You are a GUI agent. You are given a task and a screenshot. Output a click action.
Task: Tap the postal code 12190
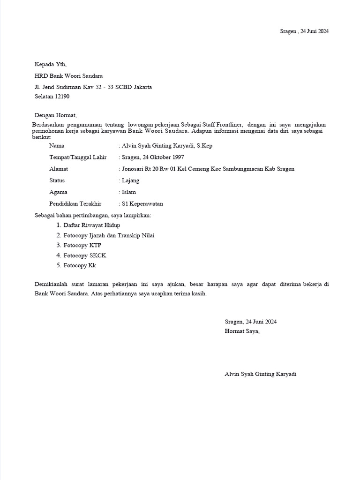(62, 97)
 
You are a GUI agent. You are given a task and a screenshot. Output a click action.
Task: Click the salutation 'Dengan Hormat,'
(55, 115)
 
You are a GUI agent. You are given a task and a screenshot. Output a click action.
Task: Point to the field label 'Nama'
(57, 146)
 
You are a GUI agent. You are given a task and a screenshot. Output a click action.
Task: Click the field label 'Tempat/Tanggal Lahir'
(78, 157)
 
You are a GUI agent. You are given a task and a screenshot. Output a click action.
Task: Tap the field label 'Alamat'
(59, 169)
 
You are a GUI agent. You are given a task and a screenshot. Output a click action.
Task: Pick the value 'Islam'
(129, 192)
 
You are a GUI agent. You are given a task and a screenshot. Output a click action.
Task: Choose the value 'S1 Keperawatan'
(142, 204)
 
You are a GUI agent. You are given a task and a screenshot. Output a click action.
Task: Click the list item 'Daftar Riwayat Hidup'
(91, 225)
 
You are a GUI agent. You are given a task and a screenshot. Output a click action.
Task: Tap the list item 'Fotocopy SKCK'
(85, 255)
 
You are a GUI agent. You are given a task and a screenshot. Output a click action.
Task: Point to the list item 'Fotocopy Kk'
(80, 266)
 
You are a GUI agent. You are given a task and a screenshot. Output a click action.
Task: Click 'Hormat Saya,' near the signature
(242, 331)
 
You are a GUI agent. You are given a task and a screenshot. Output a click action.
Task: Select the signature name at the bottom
(261, 374)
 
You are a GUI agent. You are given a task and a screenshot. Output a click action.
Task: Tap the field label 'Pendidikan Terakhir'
(75, 204)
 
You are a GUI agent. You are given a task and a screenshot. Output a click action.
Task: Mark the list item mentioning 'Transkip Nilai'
(109, 235)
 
